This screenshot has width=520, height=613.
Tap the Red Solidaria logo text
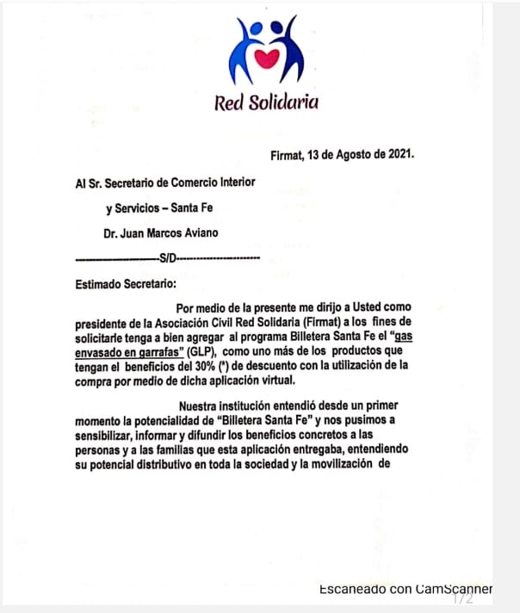tap(266, 102)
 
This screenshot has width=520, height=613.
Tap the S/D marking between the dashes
tap(167, 257)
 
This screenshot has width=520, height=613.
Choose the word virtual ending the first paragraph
tap(274, 380)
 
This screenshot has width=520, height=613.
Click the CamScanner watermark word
tap(454, 589)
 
